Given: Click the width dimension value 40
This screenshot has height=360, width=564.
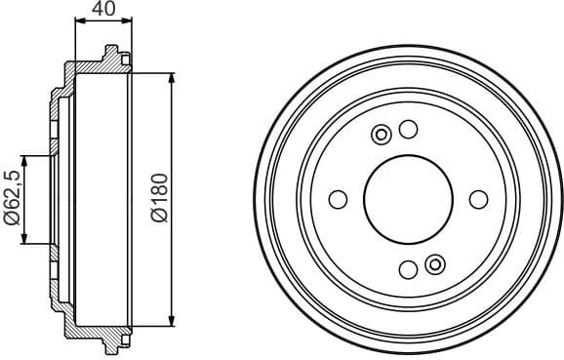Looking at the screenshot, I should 102,11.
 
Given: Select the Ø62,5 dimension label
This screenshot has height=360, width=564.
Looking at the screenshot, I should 12,199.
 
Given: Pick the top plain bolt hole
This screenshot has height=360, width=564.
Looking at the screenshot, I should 409,129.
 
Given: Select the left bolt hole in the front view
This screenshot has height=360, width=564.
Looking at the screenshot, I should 338,199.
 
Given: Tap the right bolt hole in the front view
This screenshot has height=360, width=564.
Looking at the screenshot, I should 478,199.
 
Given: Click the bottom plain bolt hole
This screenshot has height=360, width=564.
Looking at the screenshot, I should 408,269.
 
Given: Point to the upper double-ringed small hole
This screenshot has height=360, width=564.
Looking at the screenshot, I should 383,135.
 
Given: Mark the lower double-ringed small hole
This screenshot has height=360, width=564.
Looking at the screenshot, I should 435,262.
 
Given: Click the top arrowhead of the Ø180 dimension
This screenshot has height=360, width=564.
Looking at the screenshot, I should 172,76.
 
